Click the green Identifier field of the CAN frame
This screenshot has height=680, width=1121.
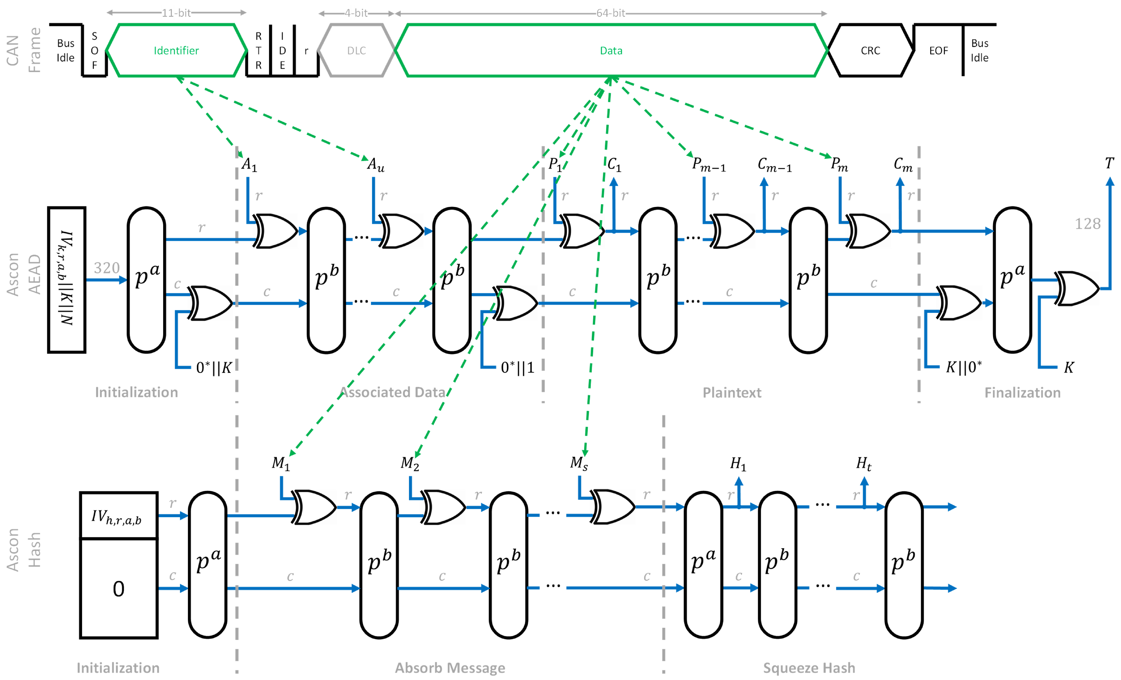176,50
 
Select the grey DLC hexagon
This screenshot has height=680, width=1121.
356,50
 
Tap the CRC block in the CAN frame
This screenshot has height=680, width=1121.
870,50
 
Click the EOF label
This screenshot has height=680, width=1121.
938,50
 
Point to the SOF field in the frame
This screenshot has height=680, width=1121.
94,50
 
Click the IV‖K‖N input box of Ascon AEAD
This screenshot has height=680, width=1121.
67,279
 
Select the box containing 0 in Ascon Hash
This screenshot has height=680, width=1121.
119,589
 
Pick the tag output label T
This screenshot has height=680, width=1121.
1109,163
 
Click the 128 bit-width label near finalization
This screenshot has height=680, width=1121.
1087,224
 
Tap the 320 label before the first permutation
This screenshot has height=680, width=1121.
107,268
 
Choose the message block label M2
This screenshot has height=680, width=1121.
409,463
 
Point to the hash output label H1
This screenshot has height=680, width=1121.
738,464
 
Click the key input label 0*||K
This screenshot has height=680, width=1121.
214,367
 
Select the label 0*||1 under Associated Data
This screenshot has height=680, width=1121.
517,367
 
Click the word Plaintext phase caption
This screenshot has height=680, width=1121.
732,392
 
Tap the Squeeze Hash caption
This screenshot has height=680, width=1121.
809,668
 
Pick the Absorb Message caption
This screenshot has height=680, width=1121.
450,668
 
